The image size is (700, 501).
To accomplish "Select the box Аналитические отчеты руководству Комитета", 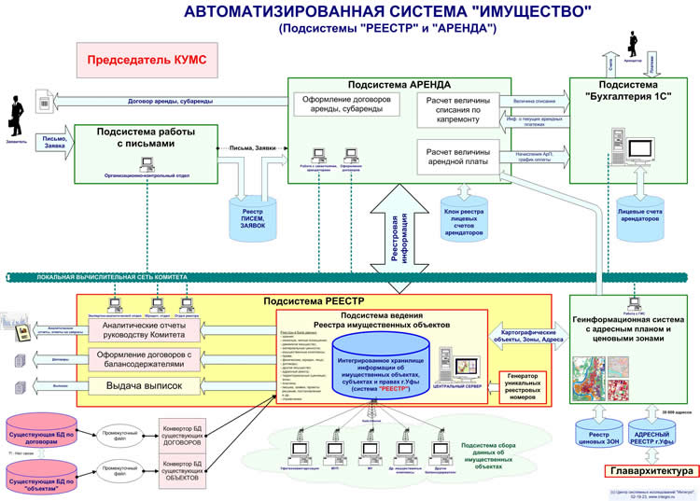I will [x=144, y=328].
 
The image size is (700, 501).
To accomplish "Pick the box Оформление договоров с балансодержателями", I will [x=144, y=358].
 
